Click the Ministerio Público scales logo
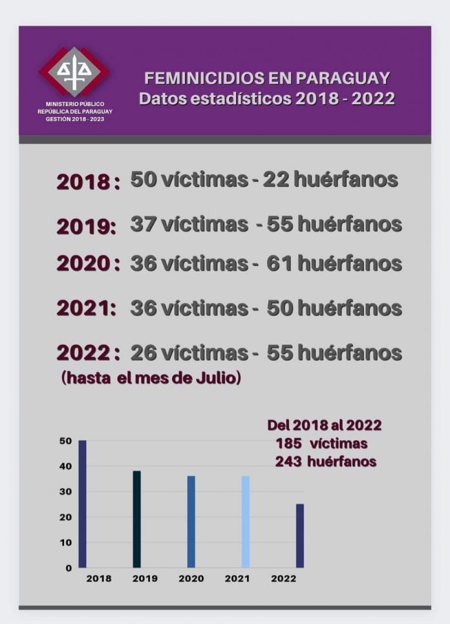[74, 71]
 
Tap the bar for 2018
[82, 504]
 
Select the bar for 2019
[136, 519]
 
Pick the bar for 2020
[191, 522]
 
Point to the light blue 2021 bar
[246, 522]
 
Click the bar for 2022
[300, 535]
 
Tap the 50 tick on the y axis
[65, 441]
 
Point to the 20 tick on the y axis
[65, 517]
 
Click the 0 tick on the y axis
[68, 568]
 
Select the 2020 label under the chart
[191, 579]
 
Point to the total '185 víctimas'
[321, 444]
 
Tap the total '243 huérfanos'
[326, 462]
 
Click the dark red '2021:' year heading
[86, 308]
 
